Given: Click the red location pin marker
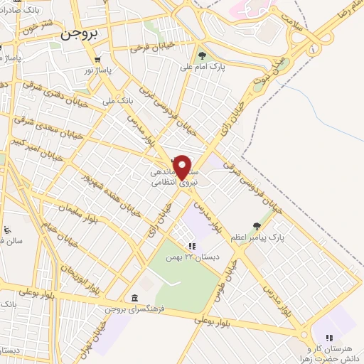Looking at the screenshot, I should click(x=183, y=166).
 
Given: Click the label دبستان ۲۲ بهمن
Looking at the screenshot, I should click(x=191, y=257).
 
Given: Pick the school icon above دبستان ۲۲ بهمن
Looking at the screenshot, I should click(x=192, y=246).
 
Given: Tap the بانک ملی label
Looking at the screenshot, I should click(x=118, y=102).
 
